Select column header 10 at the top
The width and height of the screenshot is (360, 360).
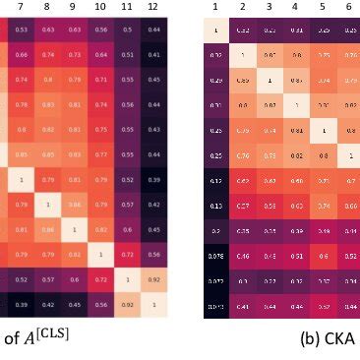[x=98, y=7]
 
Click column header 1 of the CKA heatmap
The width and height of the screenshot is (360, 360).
[x=215, y=7]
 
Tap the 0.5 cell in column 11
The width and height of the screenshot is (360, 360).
[x=124, y=30]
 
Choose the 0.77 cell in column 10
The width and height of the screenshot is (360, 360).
[x=98, y=155]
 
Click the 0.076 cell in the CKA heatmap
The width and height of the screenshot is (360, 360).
[x=215, y=256]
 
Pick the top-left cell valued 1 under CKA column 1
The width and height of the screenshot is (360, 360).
[x=215, y=30]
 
